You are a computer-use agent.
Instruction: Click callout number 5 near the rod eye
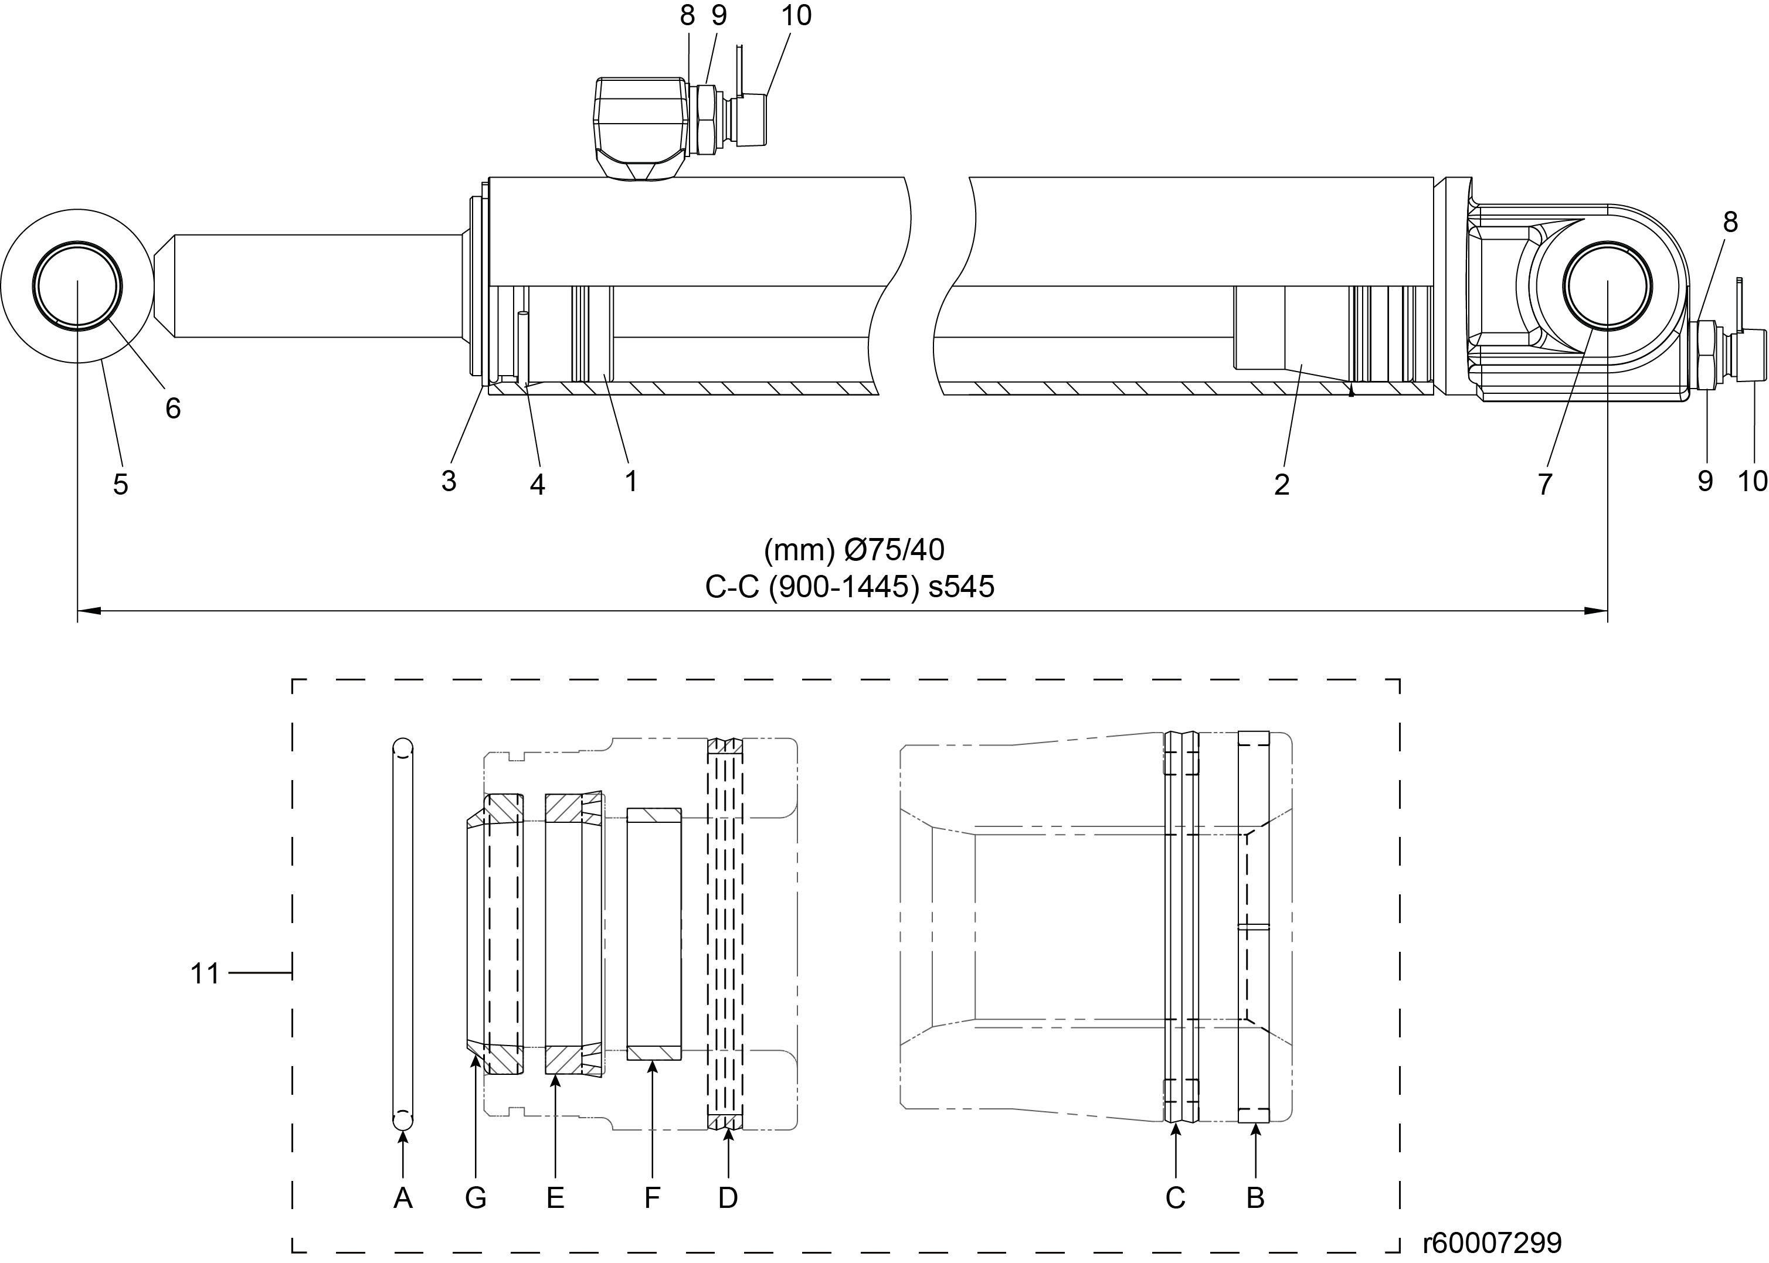click(121, 485)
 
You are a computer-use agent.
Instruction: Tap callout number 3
click(449, 481)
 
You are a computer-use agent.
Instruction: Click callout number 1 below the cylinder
click(631, 481)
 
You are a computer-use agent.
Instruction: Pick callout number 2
click(1282, 485)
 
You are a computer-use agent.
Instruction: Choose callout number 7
click(1545, 485)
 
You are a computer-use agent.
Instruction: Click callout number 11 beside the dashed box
click(205, 973)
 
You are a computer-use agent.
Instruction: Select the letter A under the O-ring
click(402, 1199)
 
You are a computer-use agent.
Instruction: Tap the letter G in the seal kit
click(476, 1199)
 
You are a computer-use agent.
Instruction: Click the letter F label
click(652, 1199)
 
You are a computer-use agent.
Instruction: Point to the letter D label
click(727, 1199)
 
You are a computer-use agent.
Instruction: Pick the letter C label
click(1176, 1199)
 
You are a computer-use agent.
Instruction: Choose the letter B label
click(1255, 1199)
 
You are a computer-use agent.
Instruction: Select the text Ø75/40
click(895, 550)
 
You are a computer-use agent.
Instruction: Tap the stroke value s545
click(962, 587)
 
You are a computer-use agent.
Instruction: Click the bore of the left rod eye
click(77, 285)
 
